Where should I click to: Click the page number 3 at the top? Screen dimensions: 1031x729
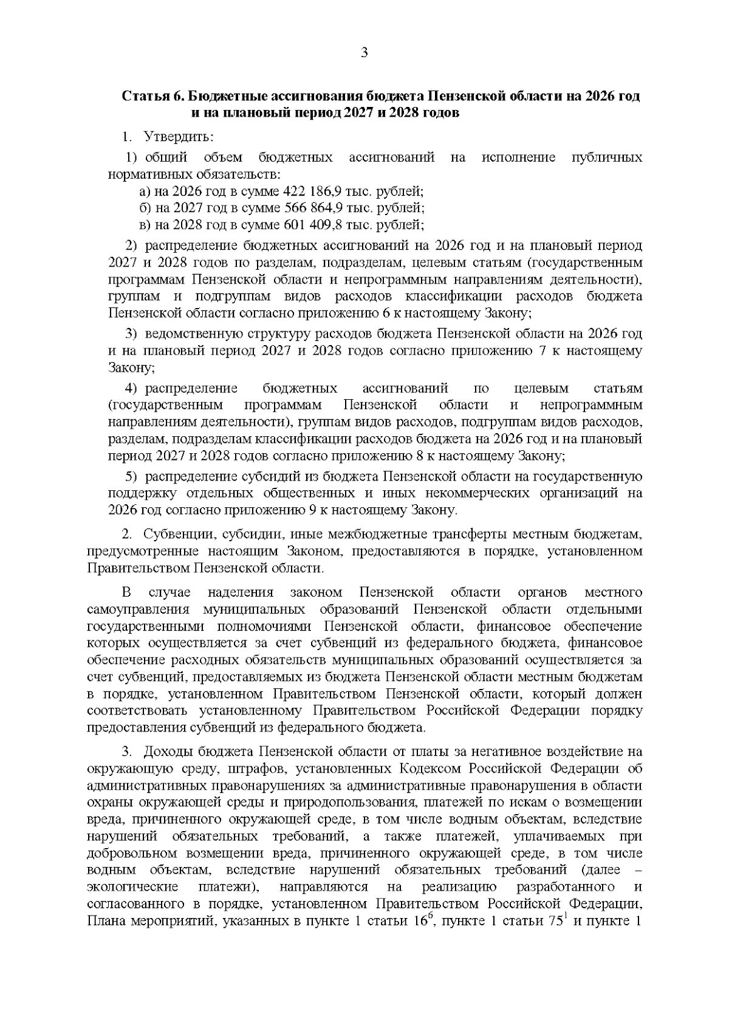click(x=364, y=53)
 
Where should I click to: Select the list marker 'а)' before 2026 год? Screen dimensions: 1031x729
click(x=145, y=191)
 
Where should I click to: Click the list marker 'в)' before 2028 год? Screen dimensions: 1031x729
click(x=145, y=225)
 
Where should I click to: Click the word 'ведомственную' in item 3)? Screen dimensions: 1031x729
click(x=187, y=334)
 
